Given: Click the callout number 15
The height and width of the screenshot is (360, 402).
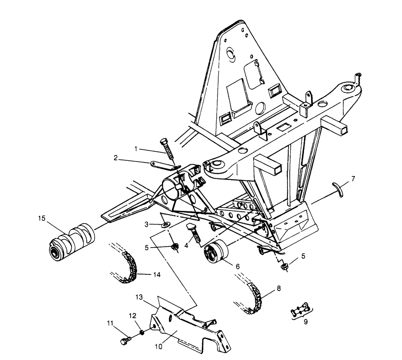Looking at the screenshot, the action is tap(42, 218).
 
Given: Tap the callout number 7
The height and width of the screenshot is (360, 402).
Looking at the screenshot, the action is tap(353, 178).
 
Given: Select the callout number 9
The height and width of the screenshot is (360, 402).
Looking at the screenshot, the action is tap(306, 321).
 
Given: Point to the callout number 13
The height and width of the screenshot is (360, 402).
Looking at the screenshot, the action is tap(139, 297).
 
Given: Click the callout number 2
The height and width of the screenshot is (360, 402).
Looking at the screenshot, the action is tap(116, 158).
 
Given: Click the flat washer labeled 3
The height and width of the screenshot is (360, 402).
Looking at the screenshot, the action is tap(165, 225).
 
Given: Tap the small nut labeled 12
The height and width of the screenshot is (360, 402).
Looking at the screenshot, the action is tap(142, 332).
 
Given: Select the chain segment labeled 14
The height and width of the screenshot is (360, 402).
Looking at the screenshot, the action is tap(130, 268).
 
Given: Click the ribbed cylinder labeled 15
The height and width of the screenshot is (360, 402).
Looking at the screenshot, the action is tap(72, 242).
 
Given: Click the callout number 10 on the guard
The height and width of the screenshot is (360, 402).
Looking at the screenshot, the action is tap(159, 346).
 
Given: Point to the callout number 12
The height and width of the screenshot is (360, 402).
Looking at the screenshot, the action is tap(133, 316).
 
